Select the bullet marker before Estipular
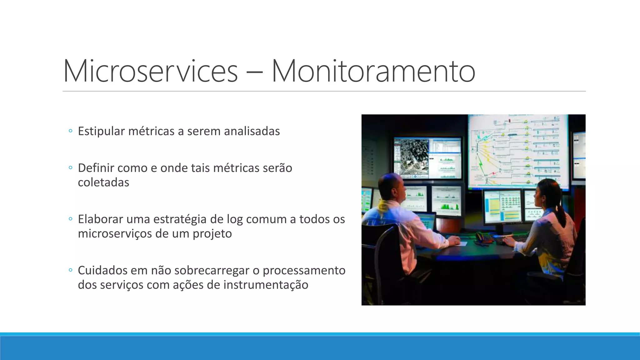pyautogui.click(x=70, y=131)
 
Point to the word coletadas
pyautogui.click(x=103, y=182)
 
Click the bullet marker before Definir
pyautogui.click(x=70, y=168)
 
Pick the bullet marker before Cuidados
pyautogui.click(x=70, y=270)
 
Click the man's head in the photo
pyautogui.click(x=392, y=187)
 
